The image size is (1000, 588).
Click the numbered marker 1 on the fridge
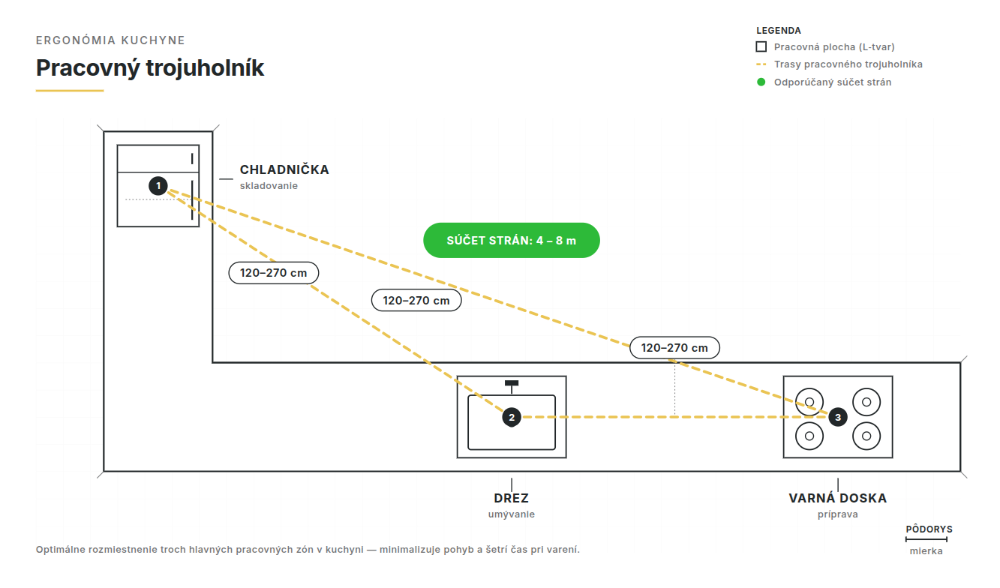(x=158, y=186)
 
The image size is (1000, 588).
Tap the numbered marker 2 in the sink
(x=512, y=417)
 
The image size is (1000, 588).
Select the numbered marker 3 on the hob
(x=838, y=417)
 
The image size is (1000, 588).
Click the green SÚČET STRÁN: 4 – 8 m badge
(x=511, y=240)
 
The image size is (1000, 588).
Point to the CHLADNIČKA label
(x=284, y=169)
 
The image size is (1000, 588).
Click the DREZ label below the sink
(x=511, y=498)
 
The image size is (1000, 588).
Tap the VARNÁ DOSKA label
(x=837, y=498)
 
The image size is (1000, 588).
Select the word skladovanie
(x=269, y=186)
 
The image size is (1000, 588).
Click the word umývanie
(x=511, y=514)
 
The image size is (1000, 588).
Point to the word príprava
(x=837, y=514)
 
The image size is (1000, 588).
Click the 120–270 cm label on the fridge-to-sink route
(x=274, y=273)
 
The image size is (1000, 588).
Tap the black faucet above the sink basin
(x=512, y=386)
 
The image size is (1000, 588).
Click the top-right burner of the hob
(x=866, y=402)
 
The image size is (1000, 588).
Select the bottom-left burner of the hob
(x=809, y=436)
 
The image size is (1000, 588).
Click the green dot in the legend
(x=761, y=82)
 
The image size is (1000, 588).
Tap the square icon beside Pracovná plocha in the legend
(x=761, y=47)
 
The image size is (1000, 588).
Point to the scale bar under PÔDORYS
(x=926, y=539)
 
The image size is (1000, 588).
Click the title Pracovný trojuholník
(x=150, y=68)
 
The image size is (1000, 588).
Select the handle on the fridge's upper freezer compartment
(x=192, y=158)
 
